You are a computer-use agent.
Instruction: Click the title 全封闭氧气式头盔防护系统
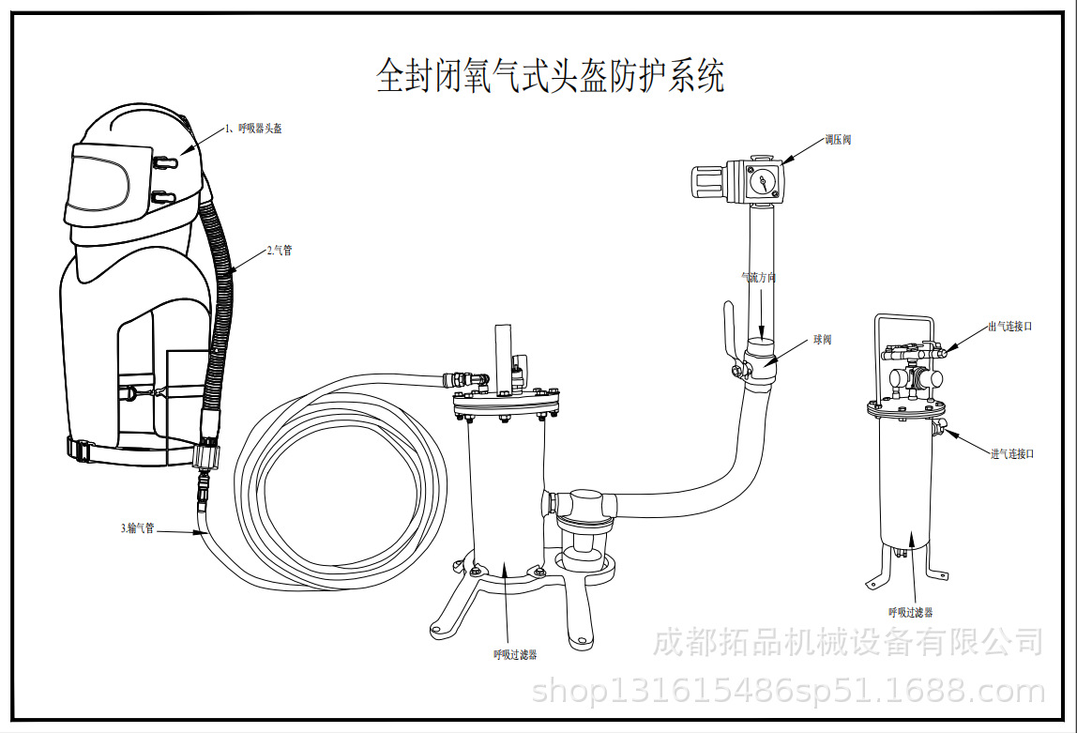tap(550, 75)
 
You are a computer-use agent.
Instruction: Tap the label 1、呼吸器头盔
tap(253, 129)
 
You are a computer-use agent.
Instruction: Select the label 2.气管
tap(279, 251)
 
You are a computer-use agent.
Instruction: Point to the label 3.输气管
tap(137, 528)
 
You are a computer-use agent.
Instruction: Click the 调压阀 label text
tap(838, 139)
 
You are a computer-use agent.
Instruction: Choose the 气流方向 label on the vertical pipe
tap(759, 278)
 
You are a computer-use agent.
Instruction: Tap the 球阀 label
tap(822, 340)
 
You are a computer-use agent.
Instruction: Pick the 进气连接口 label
tap(1012, 454)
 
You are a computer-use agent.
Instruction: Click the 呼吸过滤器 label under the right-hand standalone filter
tap(911, 612)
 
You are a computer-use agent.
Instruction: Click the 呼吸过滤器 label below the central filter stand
tap(515, 654)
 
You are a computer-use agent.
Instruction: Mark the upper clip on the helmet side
tap(163, 161)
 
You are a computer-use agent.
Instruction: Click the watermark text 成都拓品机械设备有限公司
tap(848, 643)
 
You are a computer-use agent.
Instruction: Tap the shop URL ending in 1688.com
tap(788, 693)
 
